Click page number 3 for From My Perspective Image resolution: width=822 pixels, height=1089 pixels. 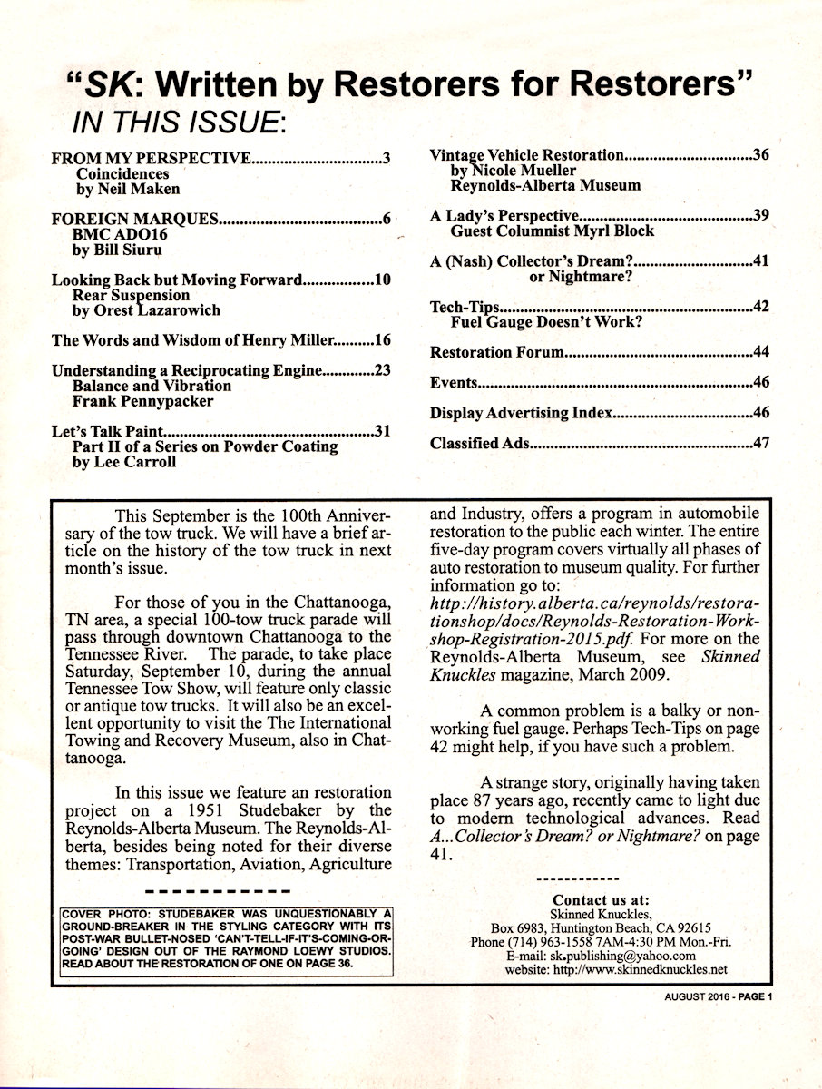386,160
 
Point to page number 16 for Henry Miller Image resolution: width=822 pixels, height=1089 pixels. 382,341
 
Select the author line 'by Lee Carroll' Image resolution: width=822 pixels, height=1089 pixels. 125,461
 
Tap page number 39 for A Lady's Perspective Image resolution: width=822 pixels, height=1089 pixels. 760,216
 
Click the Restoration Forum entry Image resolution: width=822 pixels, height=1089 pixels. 497,352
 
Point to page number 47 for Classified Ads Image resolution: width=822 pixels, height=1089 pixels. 760,444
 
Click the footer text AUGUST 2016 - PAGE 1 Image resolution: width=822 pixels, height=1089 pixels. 716,996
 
